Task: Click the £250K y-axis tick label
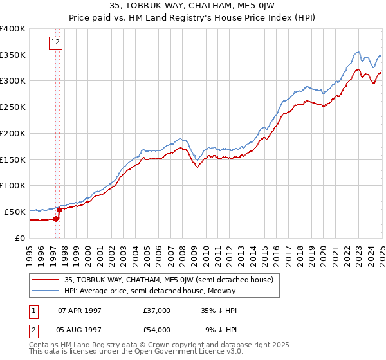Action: click(x=13, y=107)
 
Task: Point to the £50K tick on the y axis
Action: click(x=15, y=212)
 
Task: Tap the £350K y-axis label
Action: click(x=13, y=55)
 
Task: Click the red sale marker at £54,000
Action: click(x=60, y=210)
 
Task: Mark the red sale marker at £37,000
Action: click(x=56, y=219)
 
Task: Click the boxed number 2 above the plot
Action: click(x=58, y=43)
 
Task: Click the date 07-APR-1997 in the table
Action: click(x=80, y=310)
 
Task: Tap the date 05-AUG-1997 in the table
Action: click(x=80, y=330)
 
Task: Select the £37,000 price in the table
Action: click(x=157, y=310)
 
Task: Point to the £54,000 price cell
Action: click(x=157, y=330)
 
